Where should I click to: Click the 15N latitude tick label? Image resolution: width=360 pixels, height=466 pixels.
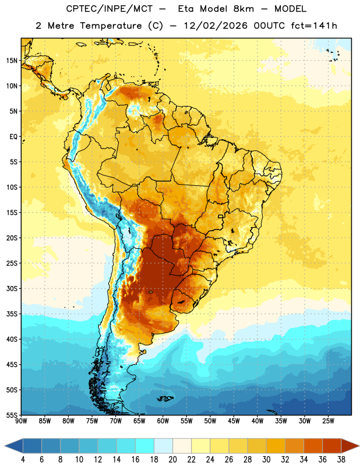pos(12,61)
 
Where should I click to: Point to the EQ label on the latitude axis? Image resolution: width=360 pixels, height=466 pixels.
pos(13,137)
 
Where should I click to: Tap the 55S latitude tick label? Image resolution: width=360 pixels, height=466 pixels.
pos(12,415)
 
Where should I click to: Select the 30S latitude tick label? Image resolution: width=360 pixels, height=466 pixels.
pos(12,288)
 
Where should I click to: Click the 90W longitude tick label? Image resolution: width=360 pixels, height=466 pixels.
pos(21,421)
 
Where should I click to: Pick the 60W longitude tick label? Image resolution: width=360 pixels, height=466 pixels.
pos(163,421)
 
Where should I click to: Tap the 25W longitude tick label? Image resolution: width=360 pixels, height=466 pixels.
pos(328,421)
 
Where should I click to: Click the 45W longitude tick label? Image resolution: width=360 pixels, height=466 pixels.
pos(234,421)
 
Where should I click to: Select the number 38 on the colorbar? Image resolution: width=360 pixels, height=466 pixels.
pos(341,460)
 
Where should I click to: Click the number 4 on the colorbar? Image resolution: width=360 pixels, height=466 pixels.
pos(23,460)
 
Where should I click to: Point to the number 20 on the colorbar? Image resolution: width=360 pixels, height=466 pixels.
pos(172,460)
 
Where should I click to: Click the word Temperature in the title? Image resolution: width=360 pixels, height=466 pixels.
pos(111,26)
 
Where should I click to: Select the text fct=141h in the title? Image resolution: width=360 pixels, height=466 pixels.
pos(314,26)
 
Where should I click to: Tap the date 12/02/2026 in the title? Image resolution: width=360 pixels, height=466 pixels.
pos(216,26)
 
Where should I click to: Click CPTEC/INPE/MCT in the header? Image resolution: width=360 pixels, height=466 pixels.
pos(109,9)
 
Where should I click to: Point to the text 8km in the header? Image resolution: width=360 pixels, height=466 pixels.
pos(243,9)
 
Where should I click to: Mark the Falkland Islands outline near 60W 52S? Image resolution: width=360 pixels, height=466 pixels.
pos(165,398)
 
